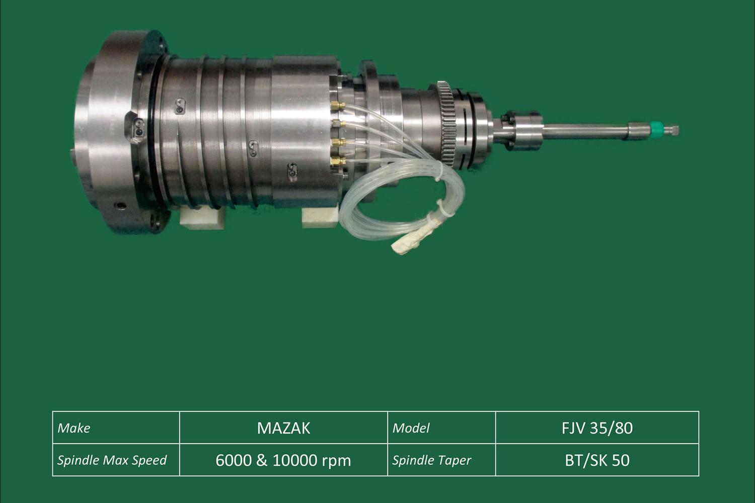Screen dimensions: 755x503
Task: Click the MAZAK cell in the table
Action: [x=283, y=428]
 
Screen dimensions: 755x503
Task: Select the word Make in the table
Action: [x=74, y=428]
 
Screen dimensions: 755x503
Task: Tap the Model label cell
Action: [x=441, y=428]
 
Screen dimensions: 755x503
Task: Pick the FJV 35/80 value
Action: [x=597, y=428]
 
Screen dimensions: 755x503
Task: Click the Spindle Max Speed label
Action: [x=112, y=460]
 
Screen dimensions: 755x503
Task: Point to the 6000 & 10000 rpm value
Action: [x=283, y=461]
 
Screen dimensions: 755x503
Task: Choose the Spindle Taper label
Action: [x=431, y=460]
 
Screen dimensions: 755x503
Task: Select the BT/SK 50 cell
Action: [x=597, y=460]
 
